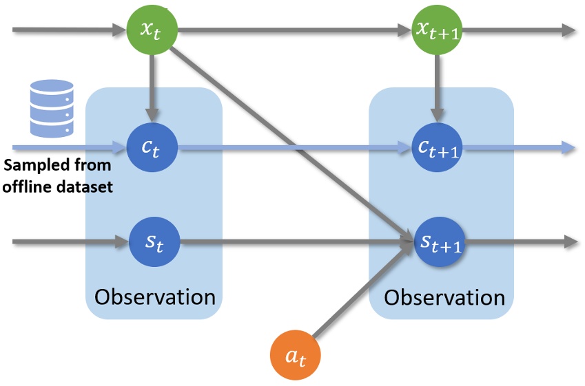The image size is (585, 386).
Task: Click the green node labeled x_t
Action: coord(153,30)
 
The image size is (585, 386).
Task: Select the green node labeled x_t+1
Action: coord(436,30)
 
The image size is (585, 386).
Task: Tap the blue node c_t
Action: coord(153,147)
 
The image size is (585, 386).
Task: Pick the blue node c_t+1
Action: coord(436,147)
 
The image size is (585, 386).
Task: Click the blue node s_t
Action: coord(153,242)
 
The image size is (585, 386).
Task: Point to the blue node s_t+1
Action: coord(436,242)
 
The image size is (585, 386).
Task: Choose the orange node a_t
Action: coord(296,355)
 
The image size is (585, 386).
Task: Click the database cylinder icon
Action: coord(52,108)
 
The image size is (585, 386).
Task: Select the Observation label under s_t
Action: coord(154,297)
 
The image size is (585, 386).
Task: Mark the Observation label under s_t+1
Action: coord(444,297)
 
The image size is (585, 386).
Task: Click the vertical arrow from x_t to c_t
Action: coord(153,86)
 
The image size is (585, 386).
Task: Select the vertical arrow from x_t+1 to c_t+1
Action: coord(436,86)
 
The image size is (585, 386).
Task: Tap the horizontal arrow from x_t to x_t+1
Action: coord(289,30)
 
